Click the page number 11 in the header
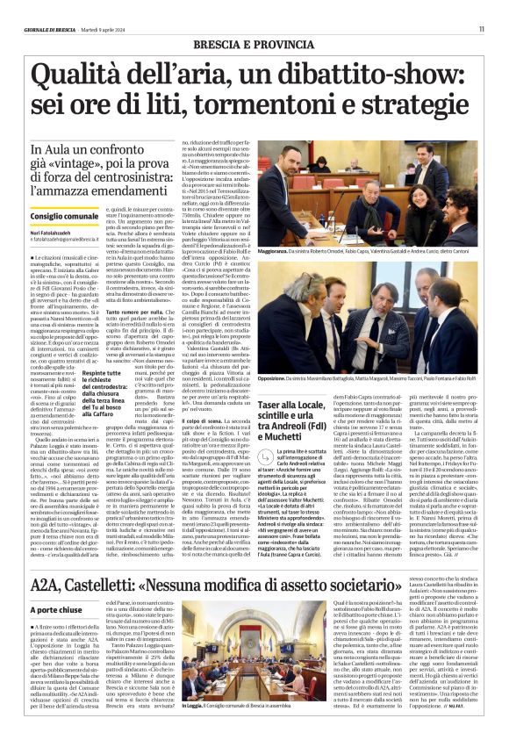481,29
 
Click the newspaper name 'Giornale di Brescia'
50,29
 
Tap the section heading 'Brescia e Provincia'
254,44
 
